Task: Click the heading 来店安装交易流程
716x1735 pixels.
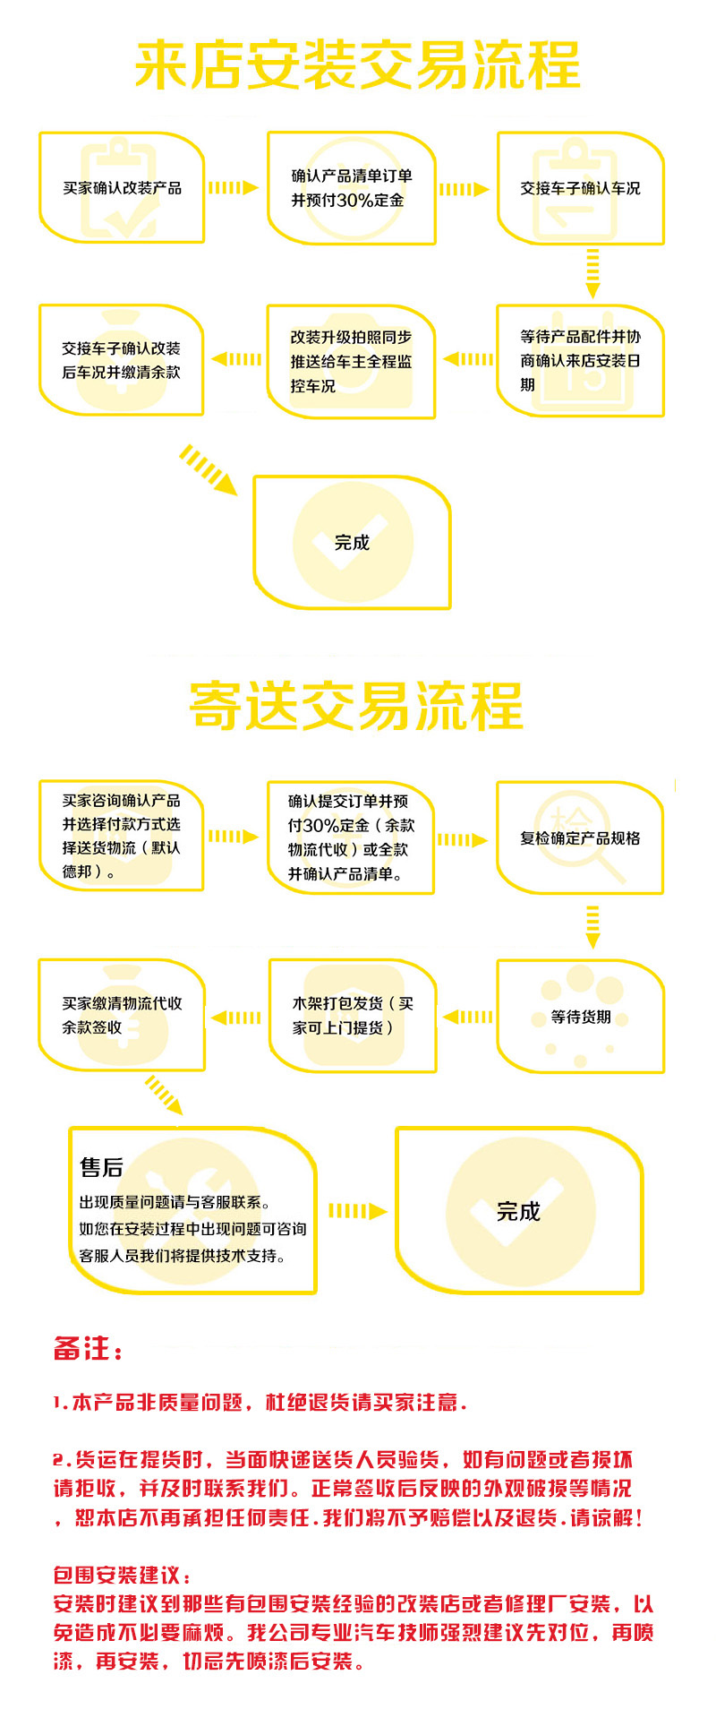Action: click(x=357, y=65)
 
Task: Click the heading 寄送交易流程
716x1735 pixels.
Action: click(x=355, y=706)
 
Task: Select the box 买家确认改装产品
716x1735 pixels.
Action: click(x=122, y=187)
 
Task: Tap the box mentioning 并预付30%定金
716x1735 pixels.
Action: click(x=352, y=188)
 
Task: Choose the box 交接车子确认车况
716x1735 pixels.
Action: click(x=581, y=188)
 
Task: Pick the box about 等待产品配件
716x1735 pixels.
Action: click(x=581, y=360)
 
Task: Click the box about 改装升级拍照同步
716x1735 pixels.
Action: click(x=352, y=361)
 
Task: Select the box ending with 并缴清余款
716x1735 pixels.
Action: click(x=122, y=360)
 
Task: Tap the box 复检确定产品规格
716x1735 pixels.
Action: click(x=581, y=837)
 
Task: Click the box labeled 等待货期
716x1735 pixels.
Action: click(x=581, y=1017)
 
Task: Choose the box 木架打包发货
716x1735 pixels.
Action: click(x=353, y=1016)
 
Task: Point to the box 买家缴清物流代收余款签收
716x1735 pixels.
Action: click(x=122, y=1015)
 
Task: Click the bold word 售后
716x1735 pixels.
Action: click(x=101, y=1167)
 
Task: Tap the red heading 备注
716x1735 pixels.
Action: click(x=88, y=1348)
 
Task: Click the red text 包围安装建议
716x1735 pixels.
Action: click(x=122, y=1575)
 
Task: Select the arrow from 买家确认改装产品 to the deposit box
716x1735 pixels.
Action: click(x=234, y=188)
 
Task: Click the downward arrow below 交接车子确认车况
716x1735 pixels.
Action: click(x=592, y=273)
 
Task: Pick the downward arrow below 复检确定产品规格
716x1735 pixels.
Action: click(x=592, y=927)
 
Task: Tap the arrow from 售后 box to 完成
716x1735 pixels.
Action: click(x=357, y=1211)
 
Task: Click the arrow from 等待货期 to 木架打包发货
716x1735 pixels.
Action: click(x=467, y=1017)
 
